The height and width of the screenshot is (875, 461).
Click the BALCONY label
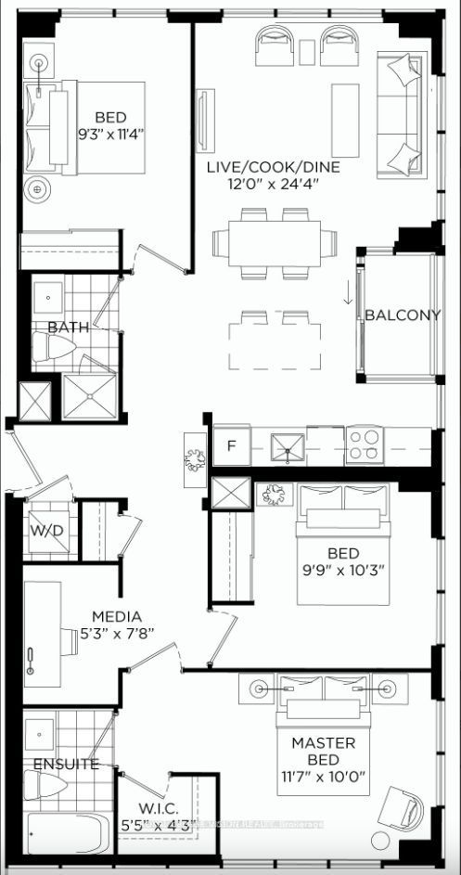click(x=402, y=315)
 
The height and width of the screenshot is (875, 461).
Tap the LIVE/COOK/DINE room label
click(x=273, y=167)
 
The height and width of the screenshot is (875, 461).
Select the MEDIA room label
click(x=117, y=616)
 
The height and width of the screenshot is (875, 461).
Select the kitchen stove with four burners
click(x=365, y=446)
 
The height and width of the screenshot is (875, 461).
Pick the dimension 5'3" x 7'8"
click(x=117, y=633)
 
